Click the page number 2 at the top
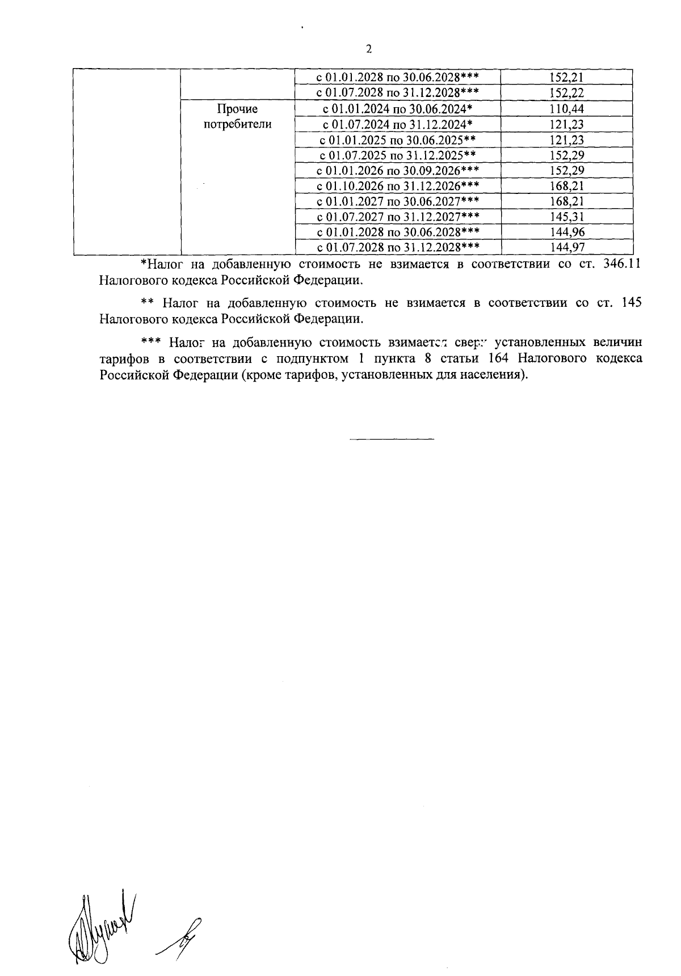pyautogui.click(x=369, y=49)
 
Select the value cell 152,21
pyautogui.click(x=567, y=78)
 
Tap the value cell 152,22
pyautogui.click(x=567, y=93)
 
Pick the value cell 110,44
pyautogui.click(x=567, y=109)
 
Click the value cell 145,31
pyautogui.click(x=567, y=216)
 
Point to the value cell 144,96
pyautogui.click(x=567, y=231)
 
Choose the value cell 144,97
pyautogui.click(x=567, y=247)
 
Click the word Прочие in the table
pyautogui.click(x=237, y=109)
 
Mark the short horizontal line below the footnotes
pyautogui.click(x=392, y=439)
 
